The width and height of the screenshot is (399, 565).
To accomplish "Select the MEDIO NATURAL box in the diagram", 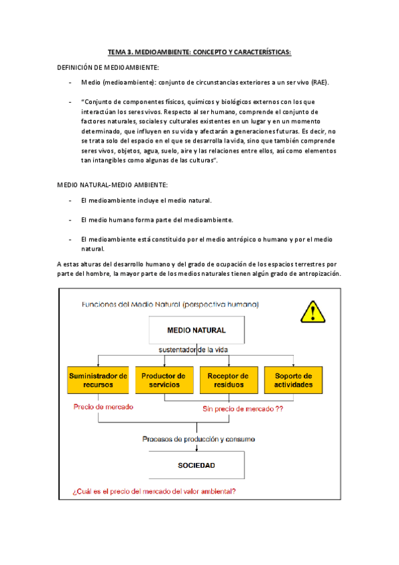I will point(196,330).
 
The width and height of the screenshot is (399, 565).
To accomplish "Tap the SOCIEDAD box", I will point(196,465).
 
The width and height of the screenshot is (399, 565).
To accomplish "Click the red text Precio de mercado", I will point(103,406).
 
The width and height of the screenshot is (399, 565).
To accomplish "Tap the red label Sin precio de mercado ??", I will point(242,409).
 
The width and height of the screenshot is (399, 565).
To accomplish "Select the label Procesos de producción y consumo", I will point(197,439).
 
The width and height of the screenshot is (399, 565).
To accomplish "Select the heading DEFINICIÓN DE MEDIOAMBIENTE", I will point(108,67).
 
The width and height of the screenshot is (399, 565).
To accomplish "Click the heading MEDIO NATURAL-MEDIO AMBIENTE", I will point(112,183).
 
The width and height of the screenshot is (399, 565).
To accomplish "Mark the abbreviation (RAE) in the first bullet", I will point(317,83).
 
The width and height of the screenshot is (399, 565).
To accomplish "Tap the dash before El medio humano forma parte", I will point(71,219).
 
